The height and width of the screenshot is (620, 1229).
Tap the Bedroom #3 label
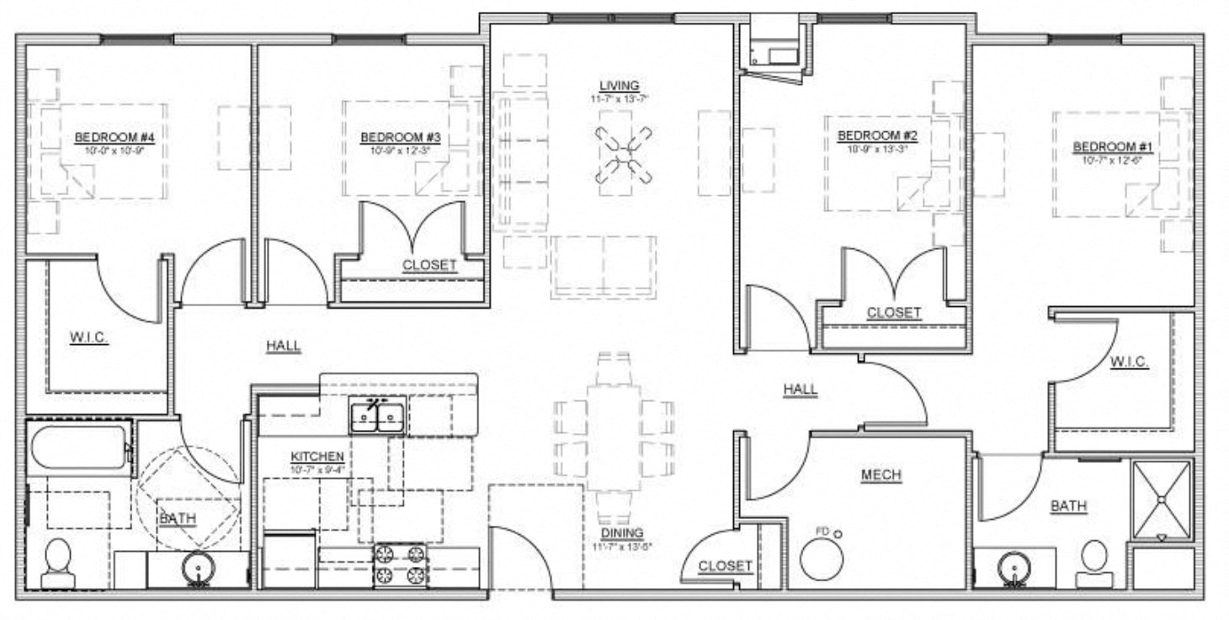coord(390,137)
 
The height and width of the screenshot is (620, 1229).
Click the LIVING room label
coord(619,85)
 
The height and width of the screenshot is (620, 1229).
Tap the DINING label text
coord(622,533)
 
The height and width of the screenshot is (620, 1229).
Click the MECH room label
coord(881,475)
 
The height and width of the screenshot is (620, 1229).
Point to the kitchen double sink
coord(377,416)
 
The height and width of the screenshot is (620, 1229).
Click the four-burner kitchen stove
coord(401,564)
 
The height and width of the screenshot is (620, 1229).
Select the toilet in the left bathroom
coord(58,562)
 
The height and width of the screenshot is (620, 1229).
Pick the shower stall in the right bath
coord(1162,499)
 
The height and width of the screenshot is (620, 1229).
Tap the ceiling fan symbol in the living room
coord(624,154)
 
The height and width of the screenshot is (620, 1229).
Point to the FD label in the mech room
coord(822,532)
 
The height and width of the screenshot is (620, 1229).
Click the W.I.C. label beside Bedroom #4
coord(88,339)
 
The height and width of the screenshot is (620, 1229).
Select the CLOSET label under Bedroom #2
coord(894,313)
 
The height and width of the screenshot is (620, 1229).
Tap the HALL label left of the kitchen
coord(283,346)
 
